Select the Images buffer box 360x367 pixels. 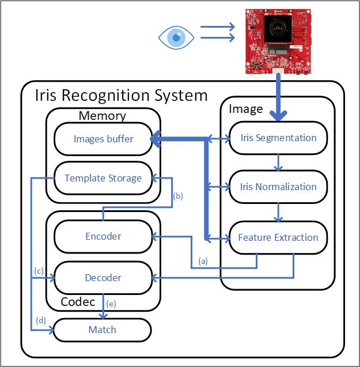coord(103,139)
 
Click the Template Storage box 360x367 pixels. coord(103,178)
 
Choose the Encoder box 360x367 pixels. coord(103,236)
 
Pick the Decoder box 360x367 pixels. coord(103,278)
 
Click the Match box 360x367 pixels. coord(103,330)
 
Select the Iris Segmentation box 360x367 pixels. coord(278,138)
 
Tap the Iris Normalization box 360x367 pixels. coord(278,187)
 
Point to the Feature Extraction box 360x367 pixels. coord(278,237)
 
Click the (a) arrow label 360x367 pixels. coord(203,260)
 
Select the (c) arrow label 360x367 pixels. coord(39,271)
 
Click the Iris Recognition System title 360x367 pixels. coord(121,94)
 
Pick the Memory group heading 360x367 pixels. coord(102,116)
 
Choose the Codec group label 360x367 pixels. coord(78,301)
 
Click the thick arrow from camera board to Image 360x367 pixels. coord(278,98)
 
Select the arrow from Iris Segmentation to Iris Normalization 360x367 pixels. coord(278,162)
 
